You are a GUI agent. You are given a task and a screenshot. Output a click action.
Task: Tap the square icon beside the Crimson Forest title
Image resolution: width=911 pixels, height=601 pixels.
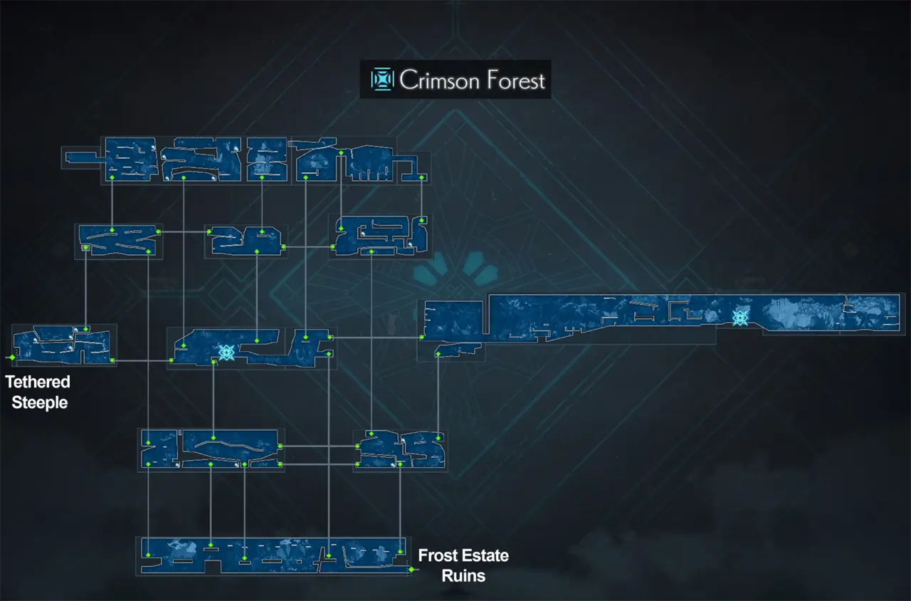[382, 80]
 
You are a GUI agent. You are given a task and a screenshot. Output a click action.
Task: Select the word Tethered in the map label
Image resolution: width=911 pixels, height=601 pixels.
[38, 382]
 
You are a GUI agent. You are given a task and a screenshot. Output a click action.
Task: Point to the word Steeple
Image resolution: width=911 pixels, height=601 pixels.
[40, 402]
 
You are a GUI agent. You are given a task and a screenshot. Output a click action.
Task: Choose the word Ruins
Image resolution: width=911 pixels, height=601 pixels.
[463, 575]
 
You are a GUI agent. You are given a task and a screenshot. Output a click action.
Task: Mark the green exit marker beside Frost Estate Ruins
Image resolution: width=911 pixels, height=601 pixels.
[411, 570]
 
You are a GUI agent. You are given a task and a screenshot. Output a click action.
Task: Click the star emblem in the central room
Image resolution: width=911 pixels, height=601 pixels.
[227, 352]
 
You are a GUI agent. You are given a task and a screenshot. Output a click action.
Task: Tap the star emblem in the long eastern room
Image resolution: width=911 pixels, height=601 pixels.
[740, 318]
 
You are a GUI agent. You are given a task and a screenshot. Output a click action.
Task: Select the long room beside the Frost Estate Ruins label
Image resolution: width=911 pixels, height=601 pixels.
[274, 556]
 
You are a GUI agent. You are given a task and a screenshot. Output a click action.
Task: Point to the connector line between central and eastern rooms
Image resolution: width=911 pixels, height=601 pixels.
[376, 337]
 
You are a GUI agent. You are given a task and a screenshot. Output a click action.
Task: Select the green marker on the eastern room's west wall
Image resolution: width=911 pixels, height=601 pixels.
[422, 337]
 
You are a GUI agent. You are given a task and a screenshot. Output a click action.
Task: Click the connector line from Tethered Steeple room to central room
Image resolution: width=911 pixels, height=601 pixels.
[142, 361]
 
